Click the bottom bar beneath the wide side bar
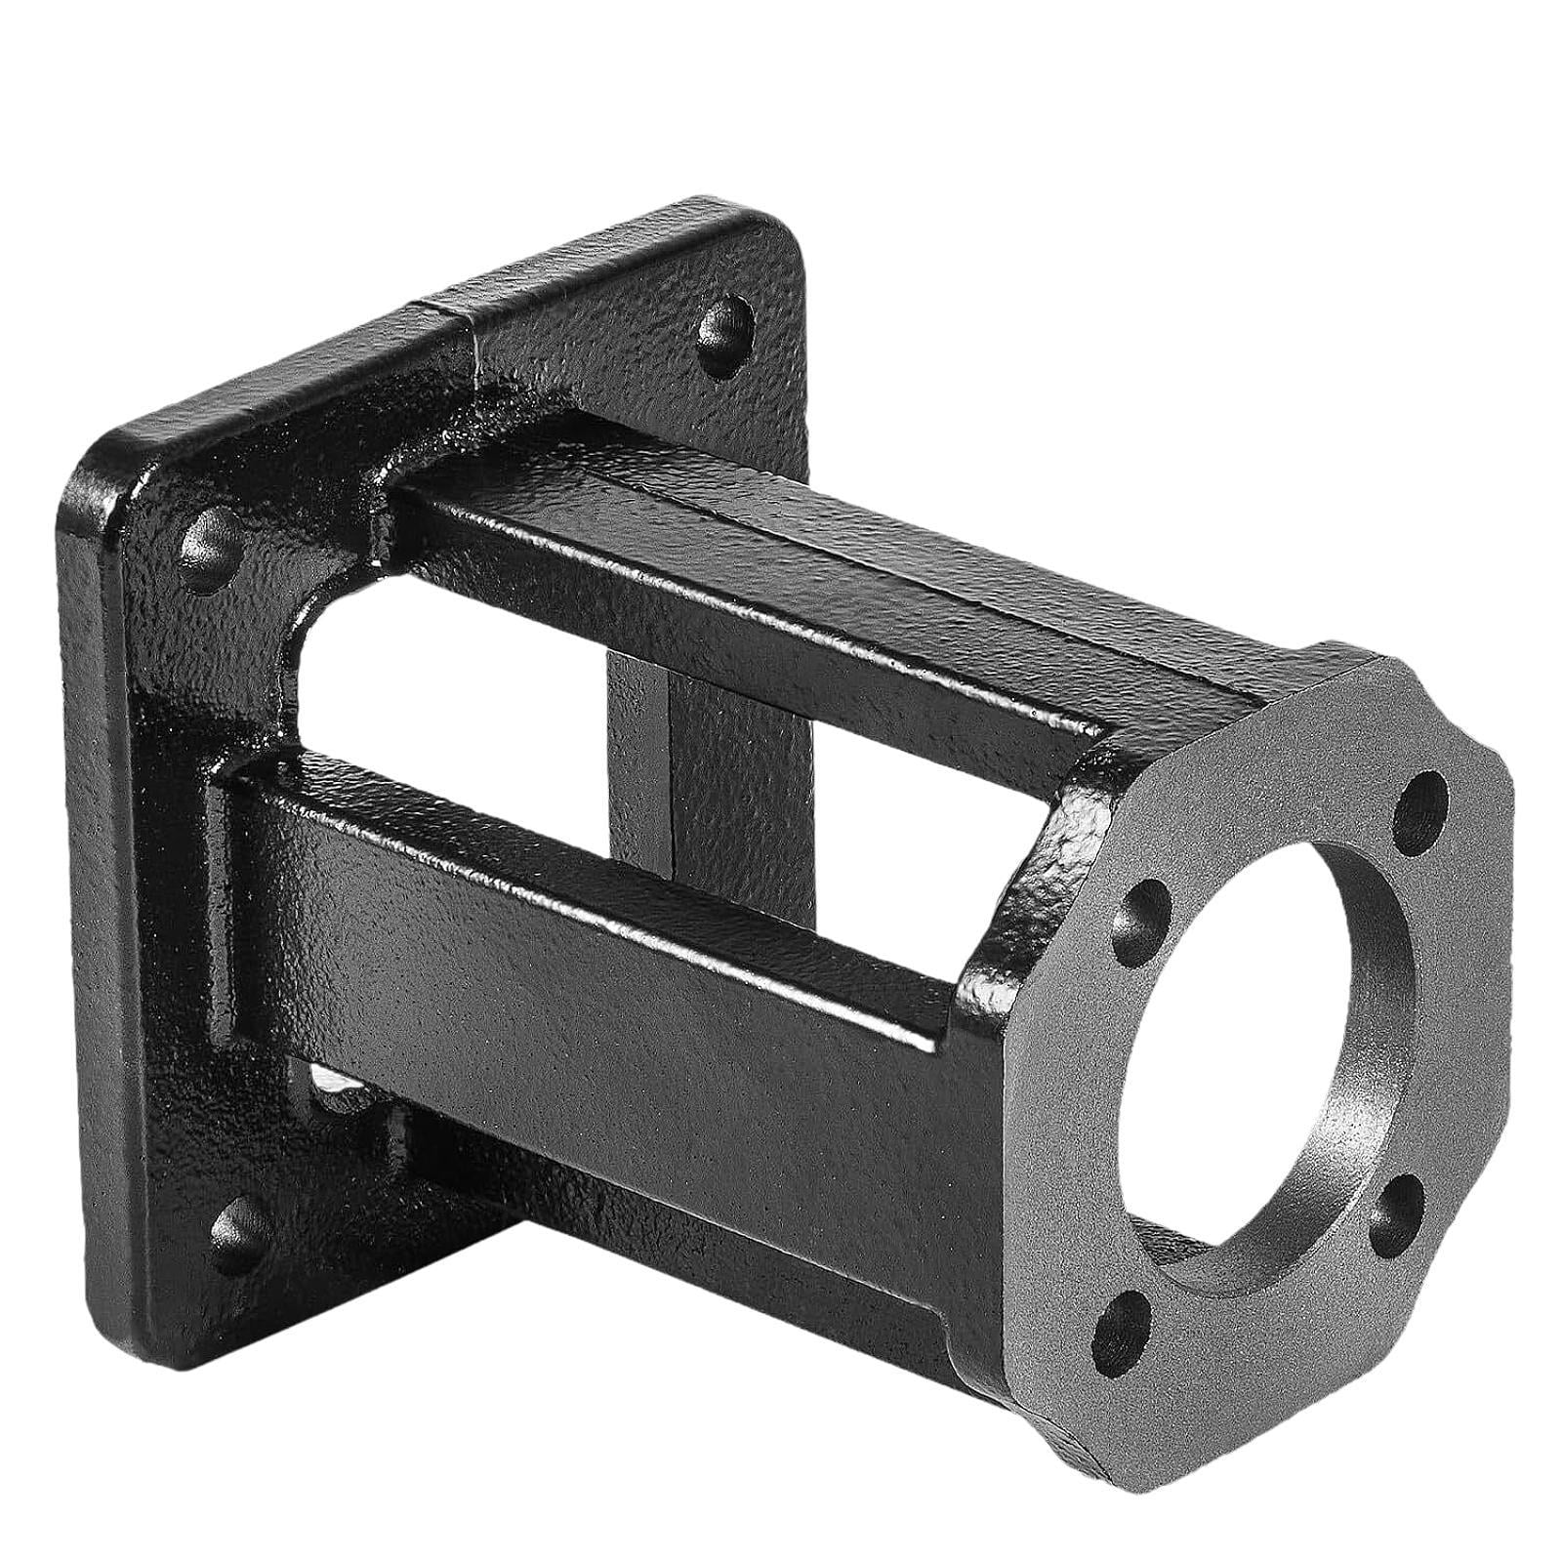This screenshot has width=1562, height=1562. (683, 1240)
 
